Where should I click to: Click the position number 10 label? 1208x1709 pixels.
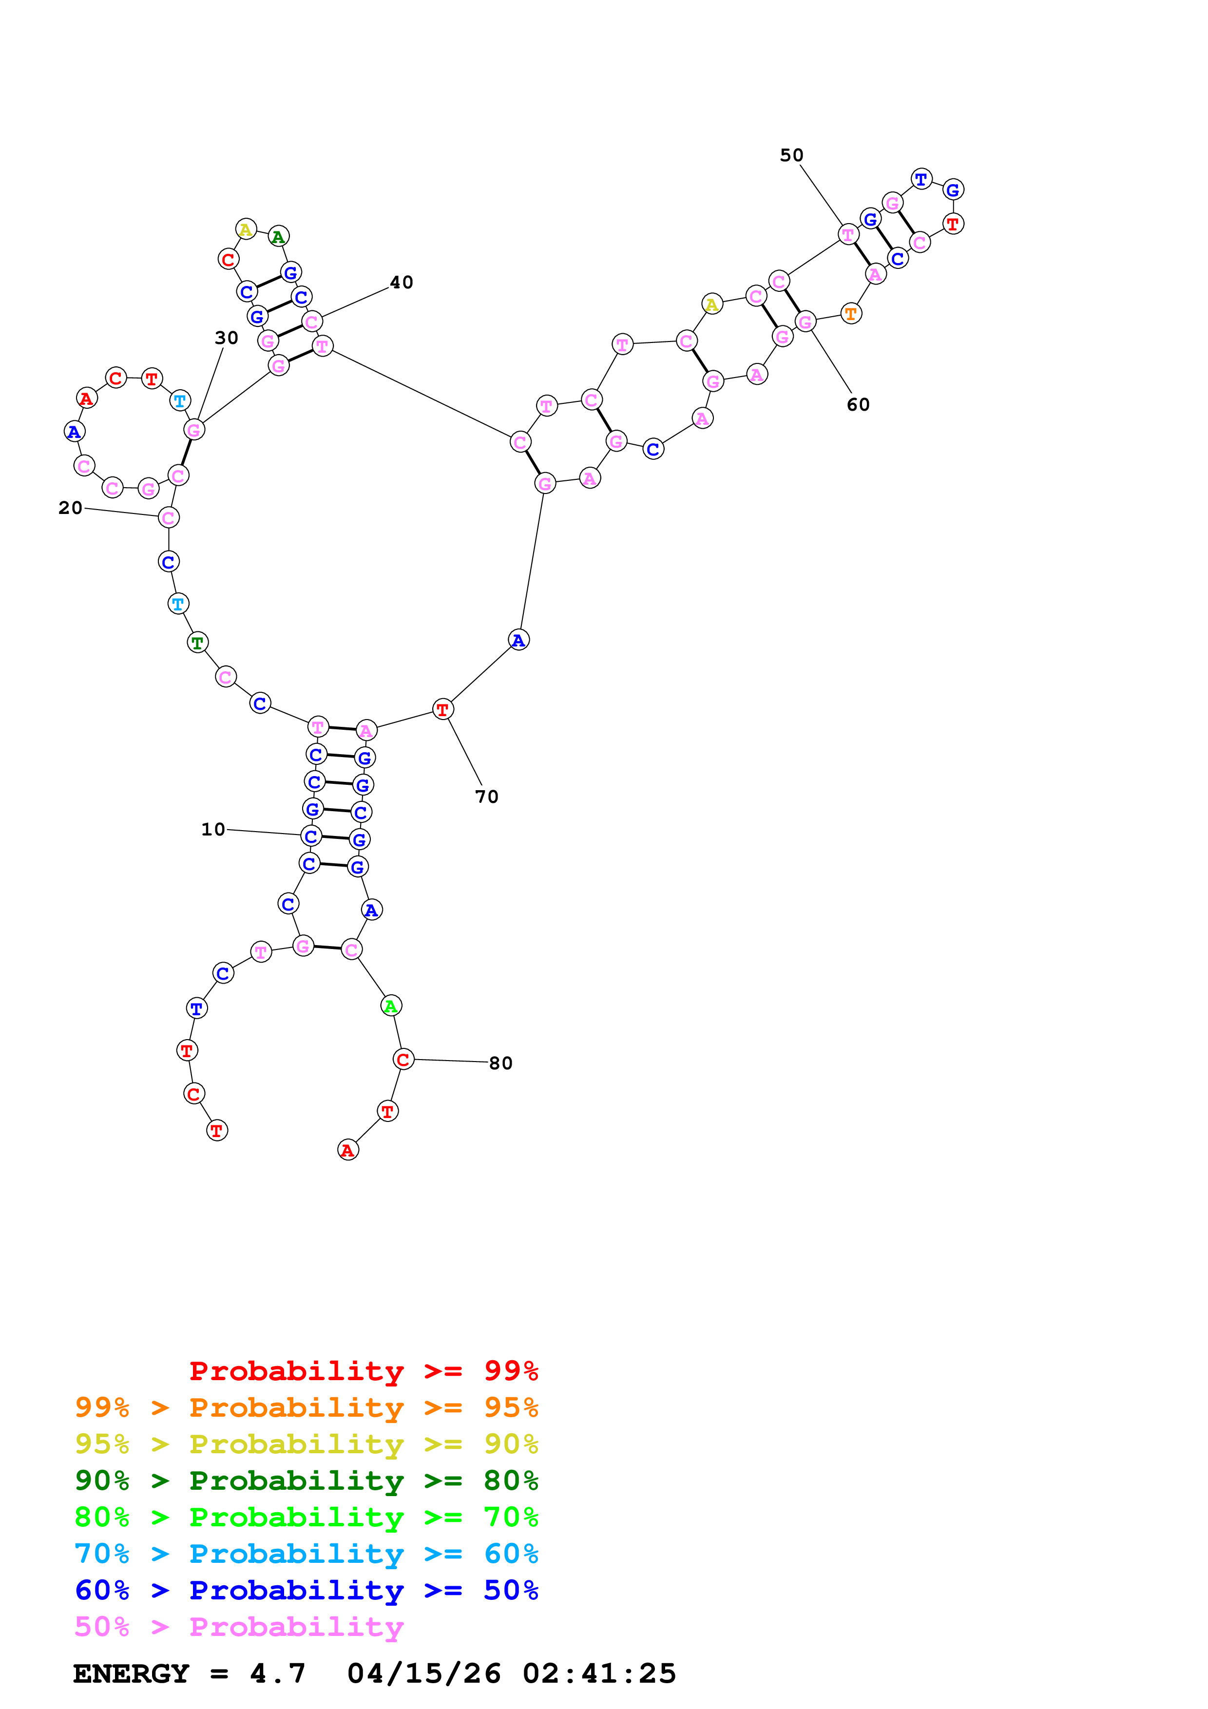click(213, 829)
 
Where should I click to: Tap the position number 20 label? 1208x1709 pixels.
click(70, 508)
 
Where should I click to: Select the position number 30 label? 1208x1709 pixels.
click(226, 338)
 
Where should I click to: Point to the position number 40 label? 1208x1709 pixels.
click(401, 282)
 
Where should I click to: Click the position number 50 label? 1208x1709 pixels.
click(791, 155)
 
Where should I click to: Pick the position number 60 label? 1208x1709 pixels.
click(858, 404)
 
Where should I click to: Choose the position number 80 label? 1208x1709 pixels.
click(500, 1063)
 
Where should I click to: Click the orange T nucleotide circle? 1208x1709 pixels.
click(851, 313)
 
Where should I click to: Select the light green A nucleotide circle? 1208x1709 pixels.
click(391, 1006)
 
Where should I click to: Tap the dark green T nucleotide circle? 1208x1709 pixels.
click(197, 643)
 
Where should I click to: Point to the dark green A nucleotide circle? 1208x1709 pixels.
click(278, 237)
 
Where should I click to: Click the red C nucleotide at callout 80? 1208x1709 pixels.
click(403, 1059)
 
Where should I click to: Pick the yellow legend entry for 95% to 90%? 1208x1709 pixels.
click(306, 1444)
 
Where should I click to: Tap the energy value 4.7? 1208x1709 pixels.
click(278, 1673)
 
